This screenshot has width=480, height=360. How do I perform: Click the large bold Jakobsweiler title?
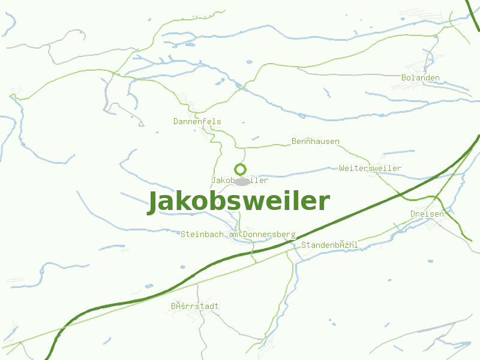coord(239,202)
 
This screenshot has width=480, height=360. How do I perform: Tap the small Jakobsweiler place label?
coord(239,180)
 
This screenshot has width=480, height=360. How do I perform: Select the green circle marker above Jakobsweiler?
coord(240,169)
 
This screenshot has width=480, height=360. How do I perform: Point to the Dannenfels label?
coord(197,121)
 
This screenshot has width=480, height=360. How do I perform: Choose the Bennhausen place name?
coord(315,142)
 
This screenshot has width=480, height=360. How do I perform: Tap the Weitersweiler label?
coord(370,168)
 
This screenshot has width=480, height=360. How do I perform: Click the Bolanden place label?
coord(420,78)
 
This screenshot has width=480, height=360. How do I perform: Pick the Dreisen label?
coord(427,214)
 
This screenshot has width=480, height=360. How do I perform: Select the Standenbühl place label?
coord(329,245)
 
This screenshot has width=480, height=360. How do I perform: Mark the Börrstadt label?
coord(194,306)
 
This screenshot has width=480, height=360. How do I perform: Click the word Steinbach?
coord(199,234)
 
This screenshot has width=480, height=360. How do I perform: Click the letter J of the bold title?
coord(154,203)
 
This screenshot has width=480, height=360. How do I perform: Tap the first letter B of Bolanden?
coord(404,78)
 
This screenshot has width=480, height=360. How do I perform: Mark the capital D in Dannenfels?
coord(176,121)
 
